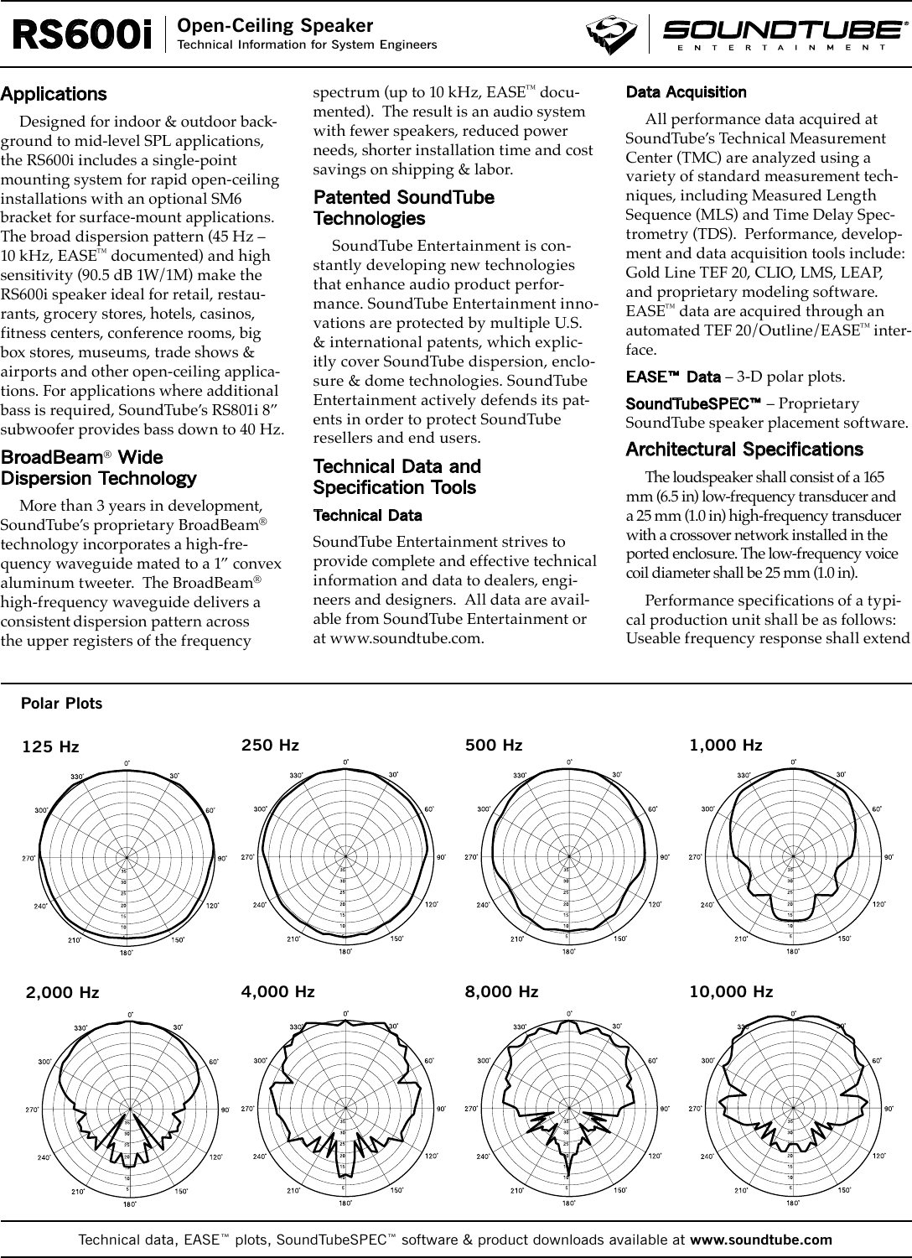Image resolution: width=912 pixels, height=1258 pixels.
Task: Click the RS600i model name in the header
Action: (82, 35)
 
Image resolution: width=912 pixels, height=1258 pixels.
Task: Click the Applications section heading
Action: (54, 94)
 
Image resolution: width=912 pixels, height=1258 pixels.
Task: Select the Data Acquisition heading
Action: (686, 91)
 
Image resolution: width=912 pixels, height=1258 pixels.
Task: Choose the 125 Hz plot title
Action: (50, 746)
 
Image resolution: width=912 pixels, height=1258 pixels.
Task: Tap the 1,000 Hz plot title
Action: (725, 745)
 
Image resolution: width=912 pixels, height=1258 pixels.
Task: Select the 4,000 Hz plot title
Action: (277, 991)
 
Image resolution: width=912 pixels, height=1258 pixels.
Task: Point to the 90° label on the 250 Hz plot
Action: (441, 857)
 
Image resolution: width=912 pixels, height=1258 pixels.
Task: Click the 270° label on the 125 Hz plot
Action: (28, 858)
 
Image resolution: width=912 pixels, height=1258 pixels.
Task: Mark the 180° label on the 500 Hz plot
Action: (568, 952)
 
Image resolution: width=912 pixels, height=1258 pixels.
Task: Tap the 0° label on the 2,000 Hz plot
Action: (130, 1014)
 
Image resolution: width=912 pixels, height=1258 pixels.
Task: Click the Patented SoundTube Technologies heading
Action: (403, 208)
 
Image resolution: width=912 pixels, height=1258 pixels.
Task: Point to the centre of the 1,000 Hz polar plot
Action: (792, 856)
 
